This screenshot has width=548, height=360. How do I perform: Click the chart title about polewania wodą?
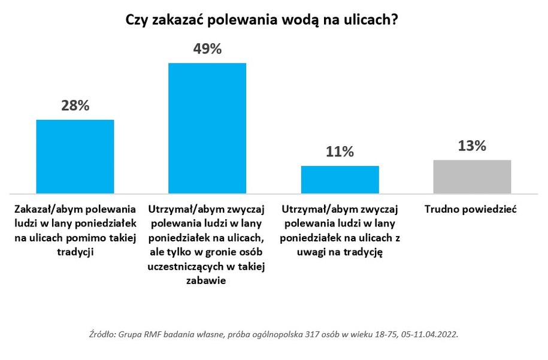[x=262, y=20]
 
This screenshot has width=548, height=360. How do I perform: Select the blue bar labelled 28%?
[x=75, y=156]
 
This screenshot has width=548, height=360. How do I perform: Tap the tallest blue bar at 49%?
[x=207, y=128]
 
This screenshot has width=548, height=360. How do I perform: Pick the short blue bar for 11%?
[x=340, y=179]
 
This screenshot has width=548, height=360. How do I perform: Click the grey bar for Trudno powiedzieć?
[x=472, y=176]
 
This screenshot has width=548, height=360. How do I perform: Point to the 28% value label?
[x=75, y=106]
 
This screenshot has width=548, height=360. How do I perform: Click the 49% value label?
[x=207, y=49]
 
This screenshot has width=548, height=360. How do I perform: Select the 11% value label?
[x=340, y=152]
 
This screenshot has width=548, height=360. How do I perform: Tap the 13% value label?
[x=472, y=146]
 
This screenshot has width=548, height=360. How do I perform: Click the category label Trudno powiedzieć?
[x=470, y=210]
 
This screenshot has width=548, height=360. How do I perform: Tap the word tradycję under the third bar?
[x=362, y=252]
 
